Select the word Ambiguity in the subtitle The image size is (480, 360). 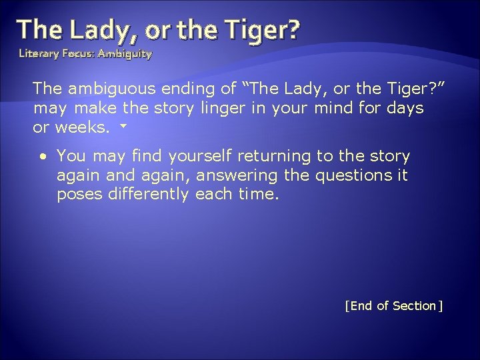point(125,52)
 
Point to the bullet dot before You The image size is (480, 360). point(43,156)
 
